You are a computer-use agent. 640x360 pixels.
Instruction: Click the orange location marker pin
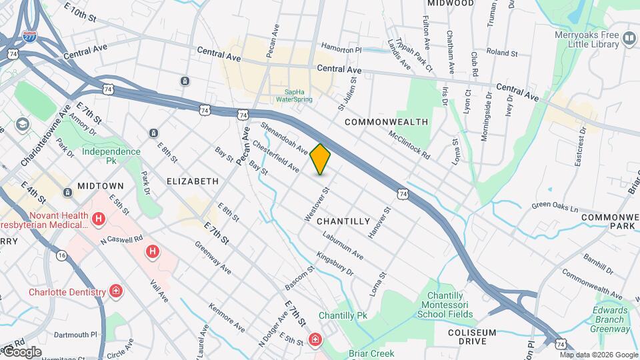tap(320, 159)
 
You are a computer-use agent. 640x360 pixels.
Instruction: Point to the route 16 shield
tap(61, 255)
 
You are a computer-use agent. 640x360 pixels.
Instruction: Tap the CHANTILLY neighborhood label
tap(343, 221)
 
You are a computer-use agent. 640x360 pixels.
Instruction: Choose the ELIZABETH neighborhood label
tap(192, 181)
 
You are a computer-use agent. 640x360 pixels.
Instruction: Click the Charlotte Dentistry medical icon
tap(116, 291)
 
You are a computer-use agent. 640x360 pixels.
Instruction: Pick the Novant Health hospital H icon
tap(99, 219)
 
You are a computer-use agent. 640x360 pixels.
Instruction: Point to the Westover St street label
tap(317, 205)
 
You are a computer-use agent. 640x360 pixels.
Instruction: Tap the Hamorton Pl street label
tap(341, 50)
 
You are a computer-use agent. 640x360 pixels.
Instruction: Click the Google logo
tap(21, 351)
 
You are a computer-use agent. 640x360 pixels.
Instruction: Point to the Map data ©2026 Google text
tap(598, 355)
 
